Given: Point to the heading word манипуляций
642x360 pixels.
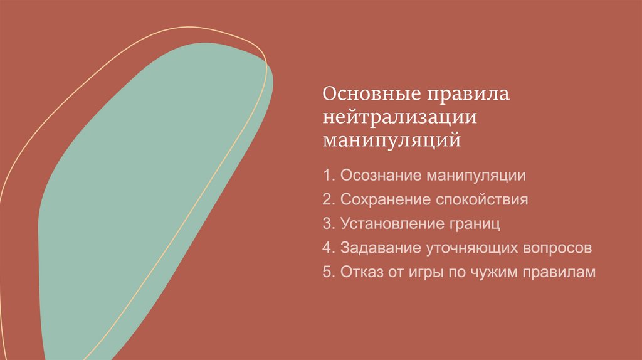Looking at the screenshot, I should [392, 139].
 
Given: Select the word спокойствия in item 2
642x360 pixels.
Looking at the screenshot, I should [483, 201].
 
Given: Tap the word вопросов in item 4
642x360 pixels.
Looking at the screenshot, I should [557, 248].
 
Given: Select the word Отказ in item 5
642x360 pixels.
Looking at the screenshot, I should [361, 272].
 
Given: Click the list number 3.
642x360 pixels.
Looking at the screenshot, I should [328, 224].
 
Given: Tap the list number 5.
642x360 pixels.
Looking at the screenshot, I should [328, 272].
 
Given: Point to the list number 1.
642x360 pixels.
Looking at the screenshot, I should [328, 176].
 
